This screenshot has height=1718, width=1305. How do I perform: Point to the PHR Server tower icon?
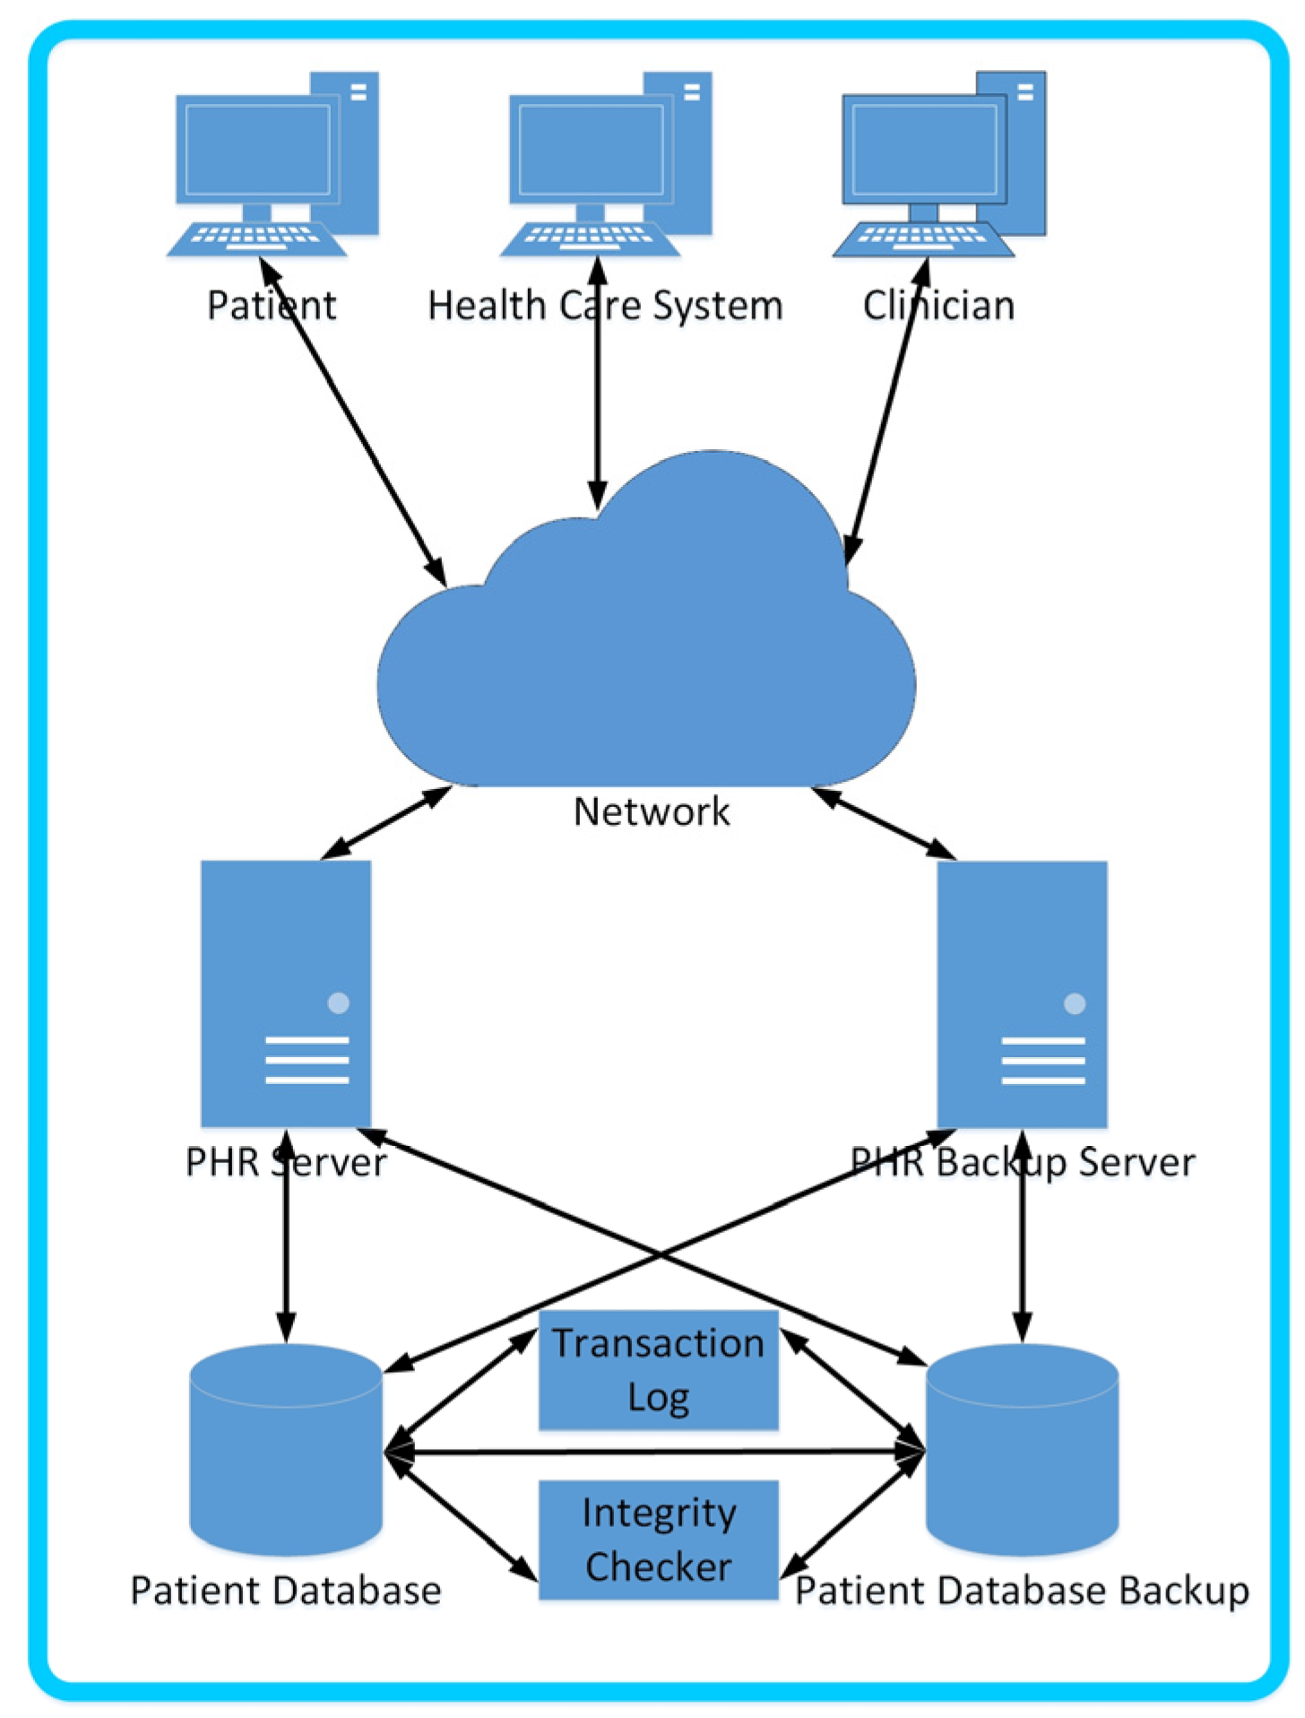pyautogui.click(x=285, y=993)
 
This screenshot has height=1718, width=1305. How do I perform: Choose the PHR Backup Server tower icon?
pyautogui.click(x=1022, y=993)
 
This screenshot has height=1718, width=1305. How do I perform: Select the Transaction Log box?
pyautogui.click(x=658, y=1369)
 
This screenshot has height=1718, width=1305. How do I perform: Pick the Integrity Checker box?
pyautogui.click(x=658, y=1539)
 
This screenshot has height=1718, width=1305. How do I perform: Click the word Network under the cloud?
pyautogui.click(x=652, y=811)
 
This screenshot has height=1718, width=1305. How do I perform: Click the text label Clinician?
pyautogui.click(x=938, y=306)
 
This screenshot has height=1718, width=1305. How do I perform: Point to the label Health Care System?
pyautogui.click(x=605, y=306)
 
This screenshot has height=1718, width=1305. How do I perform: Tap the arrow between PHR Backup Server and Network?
pyautogui.click(x=884, y=822)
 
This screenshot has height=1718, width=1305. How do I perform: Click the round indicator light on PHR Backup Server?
pyautogui.click(x=1074, y=1003)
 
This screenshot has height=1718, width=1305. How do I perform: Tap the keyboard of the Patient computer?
pyautogui.click(x=256, y=238)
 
